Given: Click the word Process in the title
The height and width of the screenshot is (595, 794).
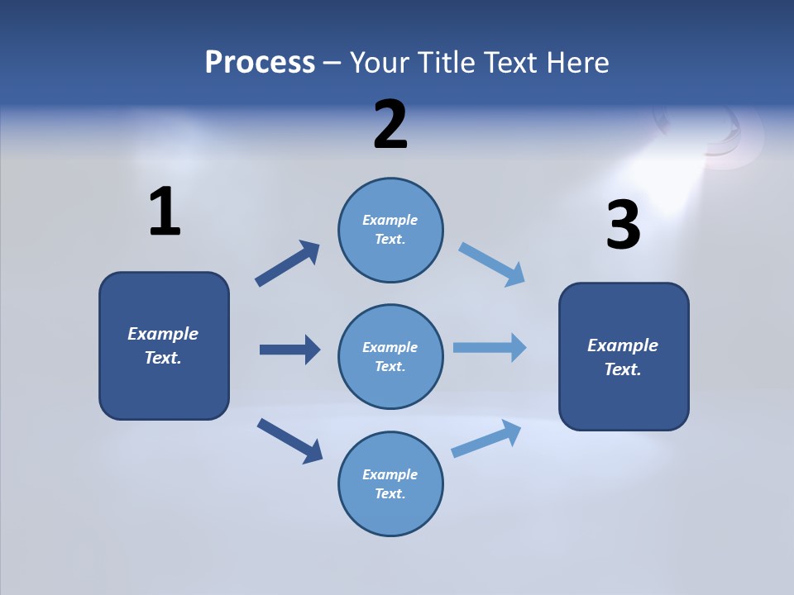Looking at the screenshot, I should click(260, 62).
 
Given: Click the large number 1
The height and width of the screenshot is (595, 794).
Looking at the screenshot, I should click(165, 212).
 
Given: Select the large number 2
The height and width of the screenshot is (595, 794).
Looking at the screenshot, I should click(390, 124).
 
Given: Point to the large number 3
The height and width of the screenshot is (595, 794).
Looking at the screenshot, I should click(623, 225).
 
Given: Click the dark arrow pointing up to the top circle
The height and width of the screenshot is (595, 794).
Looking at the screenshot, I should click(288, 264).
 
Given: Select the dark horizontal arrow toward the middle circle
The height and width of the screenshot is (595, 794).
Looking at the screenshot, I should click(289, 350).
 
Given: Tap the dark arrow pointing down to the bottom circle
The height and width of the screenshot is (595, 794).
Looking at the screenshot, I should click(289, 440).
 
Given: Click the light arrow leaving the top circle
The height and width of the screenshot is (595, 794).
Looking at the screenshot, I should click(492, 264).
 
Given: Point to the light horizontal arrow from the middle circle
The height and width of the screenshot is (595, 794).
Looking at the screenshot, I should click(490, 348).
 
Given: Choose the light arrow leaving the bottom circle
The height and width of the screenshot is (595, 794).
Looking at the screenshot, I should click(486, 438).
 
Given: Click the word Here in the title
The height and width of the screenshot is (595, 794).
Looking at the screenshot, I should click(577, 62).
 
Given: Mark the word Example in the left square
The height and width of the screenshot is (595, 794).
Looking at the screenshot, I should click(163, 334).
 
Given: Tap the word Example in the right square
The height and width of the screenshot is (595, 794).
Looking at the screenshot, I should click(623, 345).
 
